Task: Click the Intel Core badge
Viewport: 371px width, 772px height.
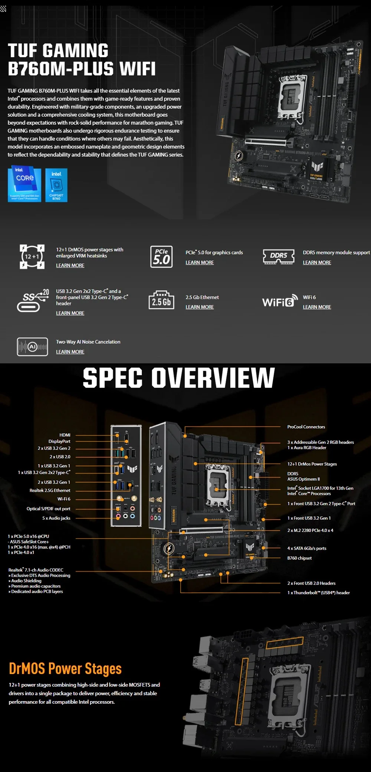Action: click(x=24, y=184)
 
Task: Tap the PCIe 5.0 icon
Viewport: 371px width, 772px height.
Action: click(x=161, y=256)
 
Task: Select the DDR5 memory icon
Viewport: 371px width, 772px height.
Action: click(x=279, y=256)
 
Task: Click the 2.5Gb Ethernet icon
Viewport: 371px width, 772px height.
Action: click(x=161, y=300)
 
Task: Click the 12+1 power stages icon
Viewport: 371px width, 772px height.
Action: click(x=32, y=256)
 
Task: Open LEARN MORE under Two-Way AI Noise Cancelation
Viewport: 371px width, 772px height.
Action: click(x=70, y=352)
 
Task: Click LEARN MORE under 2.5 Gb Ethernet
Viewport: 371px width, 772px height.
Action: click(x=200, y=307)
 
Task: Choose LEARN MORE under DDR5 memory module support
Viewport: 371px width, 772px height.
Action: click(x=317, y=262)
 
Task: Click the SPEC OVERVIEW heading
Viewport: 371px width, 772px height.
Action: click(x=179, y=378)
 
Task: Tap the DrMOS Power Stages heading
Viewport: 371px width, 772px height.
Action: click(x=65, y=668)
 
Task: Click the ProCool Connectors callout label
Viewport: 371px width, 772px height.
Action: click(x=306, y=427)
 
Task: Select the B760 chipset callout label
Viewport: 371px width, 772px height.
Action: click(x=299, y=558)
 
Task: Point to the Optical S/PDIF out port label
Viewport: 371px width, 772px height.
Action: click(x=48, y=509)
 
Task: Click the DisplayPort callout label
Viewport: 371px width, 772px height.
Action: click(x=59, y=441)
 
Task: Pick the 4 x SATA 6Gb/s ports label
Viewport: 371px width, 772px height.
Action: click(x=307, y=548)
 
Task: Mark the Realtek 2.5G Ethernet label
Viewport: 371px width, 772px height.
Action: click(x=50, y=490)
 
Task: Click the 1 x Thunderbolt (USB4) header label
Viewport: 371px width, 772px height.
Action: click(x=318, y=593)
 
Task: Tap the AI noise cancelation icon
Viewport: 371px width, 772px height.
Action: click(x=32, y=347)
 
